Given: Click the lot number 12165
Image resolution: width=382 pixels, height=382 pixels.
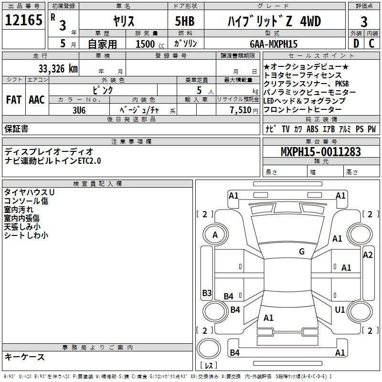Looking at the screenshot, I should pos(23,21).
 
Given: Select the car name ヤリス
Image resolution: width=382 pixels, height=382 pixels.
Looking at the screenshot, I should pos(123,21).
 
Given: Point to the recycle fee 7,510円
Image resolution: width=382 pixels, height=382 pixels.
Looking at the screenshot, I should pos(244,110).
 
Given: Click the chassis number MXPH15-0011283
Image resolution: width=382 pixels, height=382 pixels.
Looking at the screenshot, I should pos(320,152).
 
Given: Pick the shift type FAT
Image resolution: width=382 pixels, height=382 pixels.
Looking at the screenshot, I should pos(13,100).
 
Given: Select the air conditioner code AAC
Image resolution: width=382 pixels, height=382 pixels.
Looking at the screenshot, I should pos(36,100).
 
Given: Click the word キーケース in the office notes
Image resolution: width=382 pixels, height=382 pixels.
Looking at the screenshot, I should pos(25,357).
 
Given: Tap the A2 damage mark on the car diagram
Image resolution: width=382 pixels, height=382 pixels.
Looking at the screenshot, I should pos(368,255).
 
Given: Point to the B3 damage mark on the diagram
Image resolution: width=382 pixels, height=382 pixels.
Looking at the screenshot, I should pos(207,293).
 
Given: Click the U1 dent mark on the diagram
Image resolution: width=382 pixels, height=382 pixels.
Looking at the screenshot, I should pos(340,310).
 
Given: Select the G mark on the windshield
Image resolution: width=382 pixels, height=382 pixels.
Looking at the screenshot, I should pos(302,252).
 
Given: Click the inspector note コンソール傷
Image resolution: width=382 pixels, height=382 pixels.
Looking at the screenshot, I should pos(26,201).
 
